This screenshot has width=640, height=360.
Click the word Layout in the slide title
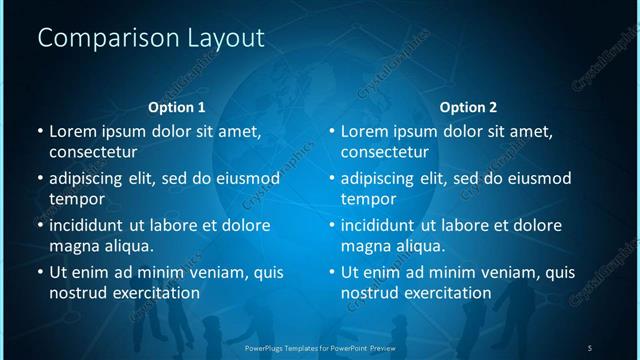tap(226, 38)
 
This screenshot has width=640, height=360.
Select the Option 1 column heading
tap(177, 107)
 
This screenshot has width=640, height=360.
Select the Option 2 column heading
tap(468, 107)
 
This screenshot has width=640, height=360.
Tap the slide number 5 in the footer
tap(590, 347)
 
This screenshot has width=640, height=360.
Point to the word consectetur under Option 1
tap(93, 153)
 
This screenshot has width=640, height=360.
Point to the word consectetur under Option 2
tap(385, 153)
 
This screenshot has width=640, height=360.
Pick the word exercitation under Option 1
tap(152, 293)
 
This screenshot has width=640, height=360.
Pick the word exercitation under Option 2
tap(444, 293)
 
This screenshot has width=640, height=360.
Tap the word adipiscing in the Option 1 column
tap(91, 178)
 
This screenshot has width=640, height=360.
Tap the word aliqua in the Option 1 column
tap(127, 246)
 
